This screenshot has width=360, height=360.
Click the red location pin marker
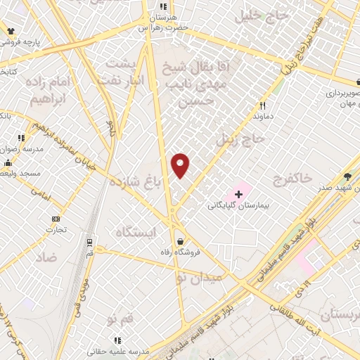coord(181,165)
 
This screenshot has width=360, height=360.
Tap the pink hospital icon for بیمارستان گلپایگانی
coord(238,193)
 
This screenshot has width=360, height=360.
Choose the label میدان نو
coord(198,277)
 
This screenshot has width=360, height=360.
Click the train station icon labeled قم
coord(90,242)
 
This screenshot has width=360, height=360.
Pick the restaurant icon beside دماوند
coord(259,107)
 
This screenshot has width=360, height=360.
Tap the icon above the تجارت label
coord(56,219)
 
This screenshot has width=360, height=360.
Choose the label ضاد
coord(46,257)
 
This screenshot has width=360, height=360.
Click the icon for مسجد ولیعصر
coord(8,163)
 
